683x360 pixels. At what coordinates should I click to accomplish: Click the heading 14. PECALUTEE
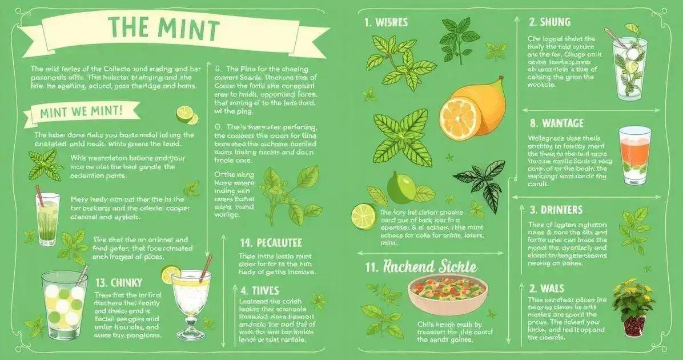[271, 243]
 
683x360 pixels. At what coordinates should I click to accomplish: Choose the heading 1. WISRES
[385, 22]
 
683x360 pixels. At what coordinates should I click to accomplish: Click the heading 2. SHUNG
[549, 22]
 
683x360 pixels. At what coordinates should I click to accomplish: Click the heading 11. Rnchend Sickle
[421, 267]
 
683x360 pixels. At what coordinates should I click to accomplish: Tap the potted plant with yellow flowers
[633, 306]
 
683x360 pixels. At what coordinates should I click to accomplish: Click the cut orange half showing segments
[460, 118]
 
